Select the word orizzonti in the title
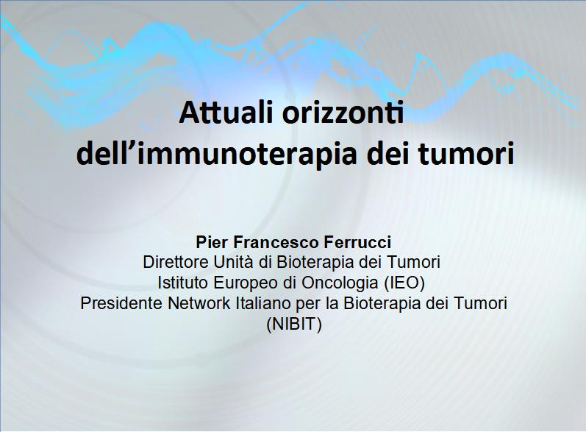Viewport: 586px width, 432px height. [x=343, y=113]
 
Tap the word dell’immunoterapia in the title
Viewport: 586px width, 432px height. [x=217, y=154]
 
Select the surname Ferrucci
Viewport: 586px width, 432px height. [x=358, y=242]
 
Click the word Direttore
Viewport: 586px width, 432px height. [x=176, y=262]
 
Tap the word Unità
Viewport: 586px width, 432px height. [x=234, y=262]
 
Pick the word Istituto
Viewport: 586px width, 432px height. [x=182, y=283]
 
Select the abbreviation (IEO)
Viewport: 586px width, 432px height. [x=404, y=283]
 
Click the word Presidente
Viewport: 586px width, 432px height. [x=121, y=303]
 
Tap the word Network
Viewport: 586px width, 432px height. [x=199, y=303]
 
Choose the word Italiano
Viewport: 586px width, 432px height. [x=263, y=303]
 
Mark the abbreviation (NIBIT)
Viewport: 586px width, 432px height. [x=294, y=325]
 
